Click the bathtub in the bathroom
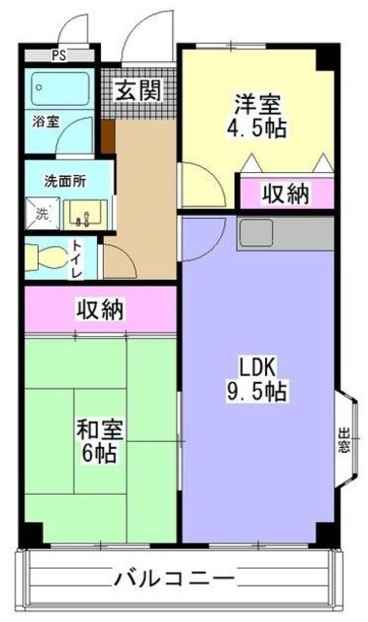tap(57, 89)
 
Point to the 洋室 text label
tap(254, 100)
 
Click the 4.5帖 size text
tap(254, 127)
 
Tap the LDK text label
tap(259, 366)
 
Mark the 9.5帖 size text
tap(259, 393)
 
